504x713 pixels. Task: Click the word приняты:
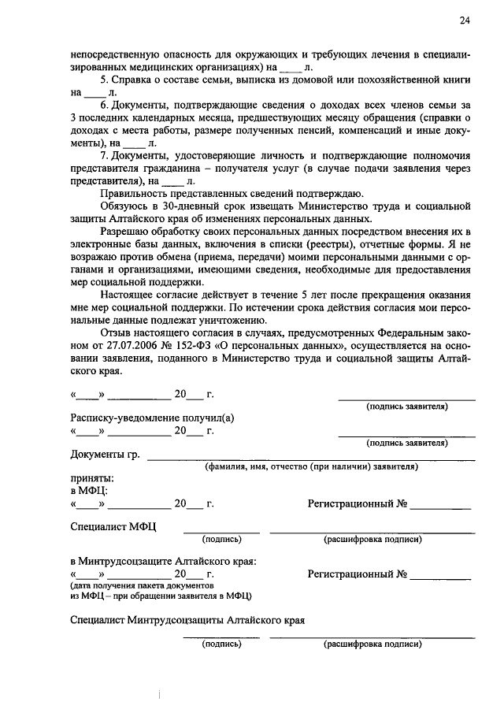pos(91,477)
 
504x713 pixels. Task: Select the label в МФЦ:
pos(89,490)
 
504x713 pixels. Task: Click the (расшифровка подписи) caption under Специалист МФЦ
pos(372,540)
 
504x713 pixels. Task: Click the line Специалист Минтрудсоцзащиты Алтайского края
pos(187,620)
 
